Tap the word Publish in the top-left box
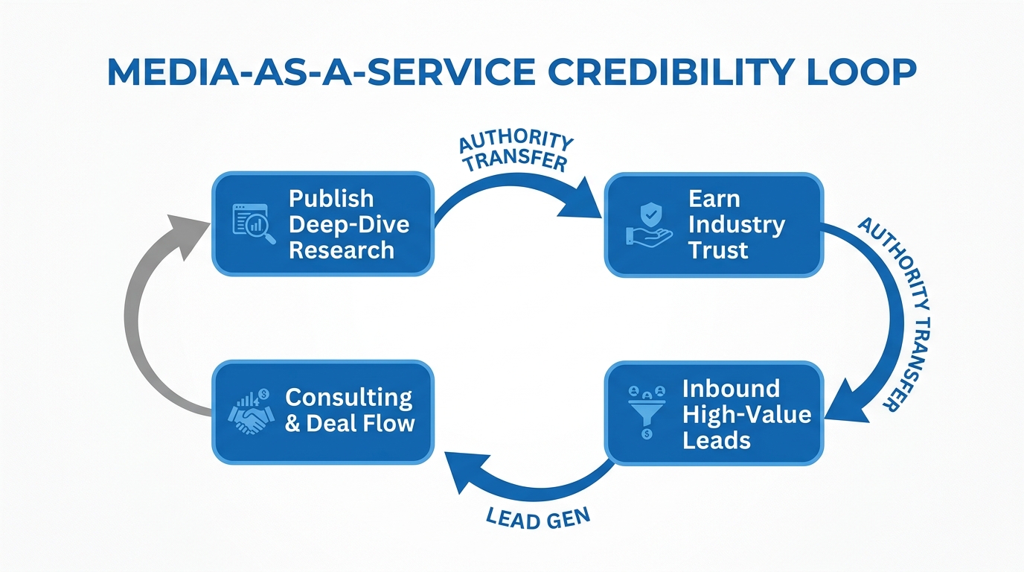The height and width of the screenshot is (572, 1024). coord(331,199)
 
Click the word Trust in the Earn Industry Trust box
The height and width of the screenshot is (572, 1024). coord(718,250)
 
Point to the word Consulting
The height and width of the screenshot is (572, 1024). coord(348,398)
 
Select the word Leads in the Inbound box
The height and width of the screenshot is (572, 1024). coord(717,439)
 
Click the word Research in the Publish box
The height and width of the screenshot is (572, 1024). coord(342,250)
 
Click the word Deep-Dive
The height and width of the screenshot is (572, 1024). coord(349,224)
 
